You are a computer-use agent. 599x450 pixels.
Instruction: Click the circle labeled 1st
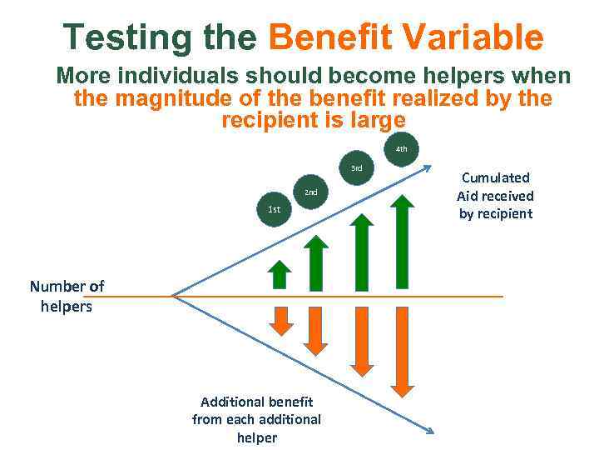click(x=274, y=210)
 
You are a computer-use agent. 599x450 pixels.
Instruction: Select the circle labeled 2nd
click(x=309, y=192)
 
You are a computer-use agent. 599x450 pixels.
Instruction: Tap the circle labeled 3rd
click(x=356, y=168)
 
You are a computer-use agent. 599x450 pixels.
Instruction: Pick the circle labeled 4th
click(x=401, y=150)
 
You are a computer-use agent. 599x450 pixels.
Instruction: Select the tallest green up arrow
click(x=402, y=242)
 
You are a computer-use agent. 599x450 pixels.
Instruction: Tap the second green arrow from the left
click(x=314, y=262)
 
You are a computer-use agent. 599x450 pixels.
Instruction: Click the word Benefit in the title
click(x=329, y=37)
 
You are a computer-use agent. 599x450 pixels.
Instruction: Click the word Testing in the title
click(x=128, y=37)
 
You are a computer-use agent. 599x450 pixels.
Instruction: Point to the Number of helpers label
click(x=67, y=296)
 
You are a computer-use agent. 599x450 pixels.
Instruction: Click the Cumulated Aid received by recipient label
click(x=495, y=196)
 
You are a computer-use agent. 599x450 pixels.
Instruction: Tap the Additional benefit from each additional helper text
click(x=256, y=419)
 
